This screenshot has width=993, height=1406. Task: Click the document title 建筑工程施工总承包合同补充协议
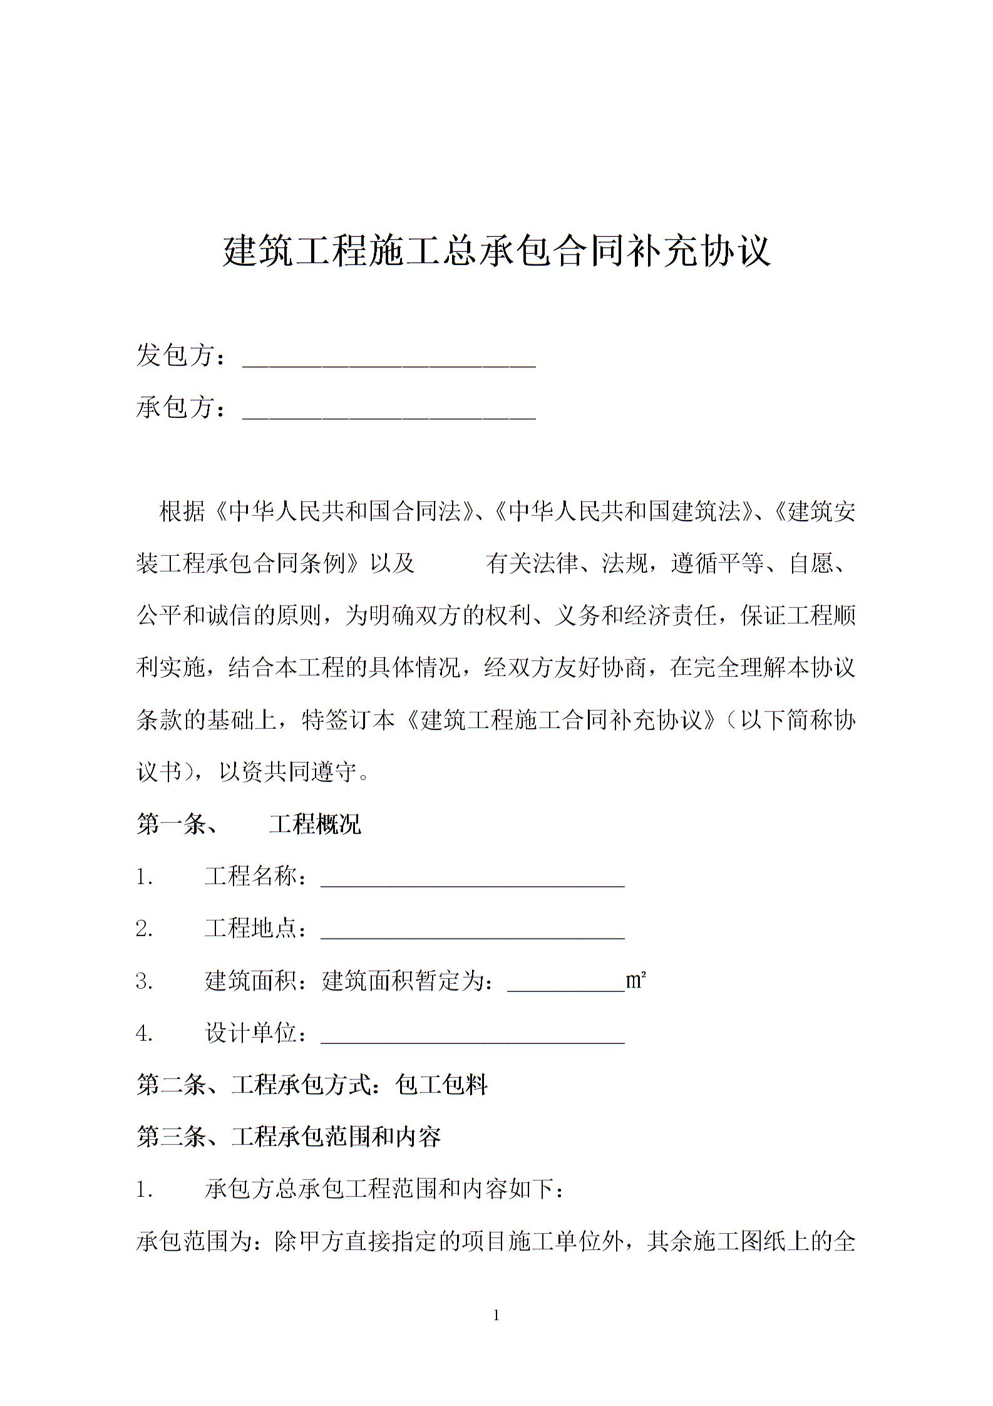tap(496, 251)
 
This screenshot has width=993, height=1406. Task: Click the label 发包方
tap(175, 356)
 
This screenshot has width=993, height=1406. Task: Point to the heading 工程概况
tap(315, 825)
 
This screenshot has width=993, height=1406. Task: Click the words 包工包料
tap(441, 1085)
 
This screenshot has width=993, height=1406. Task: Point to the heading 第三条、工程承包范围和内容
tap(289, 1137)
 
